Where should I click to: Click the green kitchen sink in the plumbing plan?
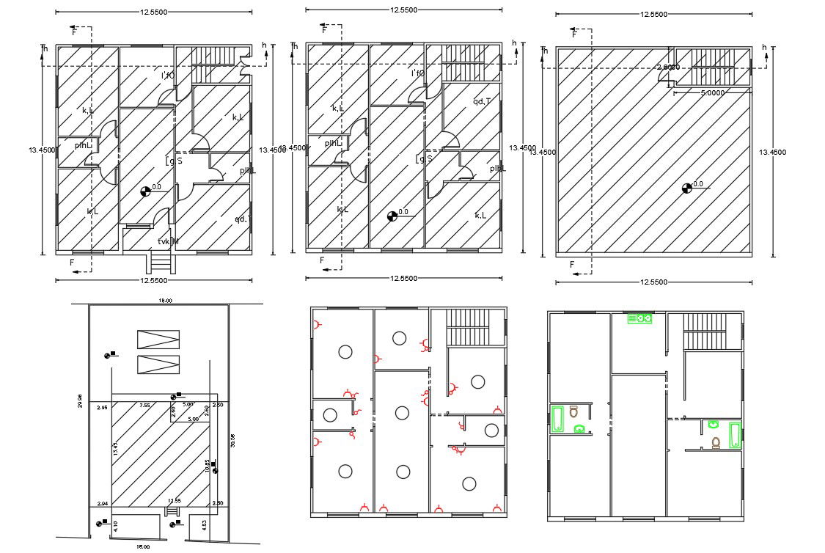pyautogui.click(x=640, y=319)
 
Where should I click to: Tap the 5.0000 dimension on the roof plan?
pyautogui.click(x=713, y=93)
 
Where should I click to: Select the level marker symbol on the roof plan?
pyautogui.click(x=686, y=187)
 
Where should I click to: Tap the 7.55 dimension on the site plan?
pyautogui.click(x=144, y=406)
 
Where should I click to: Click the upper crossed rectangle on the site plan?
pyautogui.click(x=158, y=339)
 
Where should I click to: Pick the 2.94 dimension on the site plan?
pyautogui.click(x=102, y=504)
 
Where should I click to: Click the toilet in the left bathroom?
pyautogui.click(x=573, y=412)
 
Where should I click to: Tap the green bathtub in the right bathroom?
pyautogui.click(x=736, y=434)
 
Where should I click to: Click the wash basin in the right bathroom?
pyautogui.click(x=713, y=424)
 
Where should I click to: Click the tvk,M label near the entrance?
pyautogui.click(x=168, y=242)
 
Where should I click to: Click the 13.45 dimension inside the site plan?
pyautogui.click(x=115, y=449)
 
